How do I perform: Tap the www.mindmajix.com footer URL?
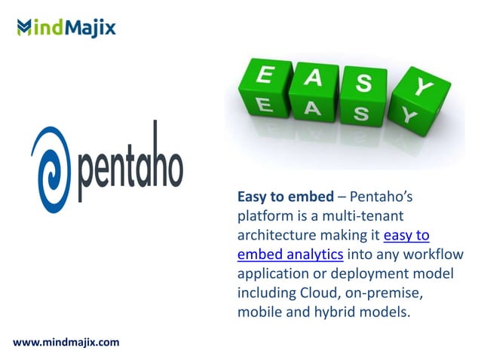coord(66,343)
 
